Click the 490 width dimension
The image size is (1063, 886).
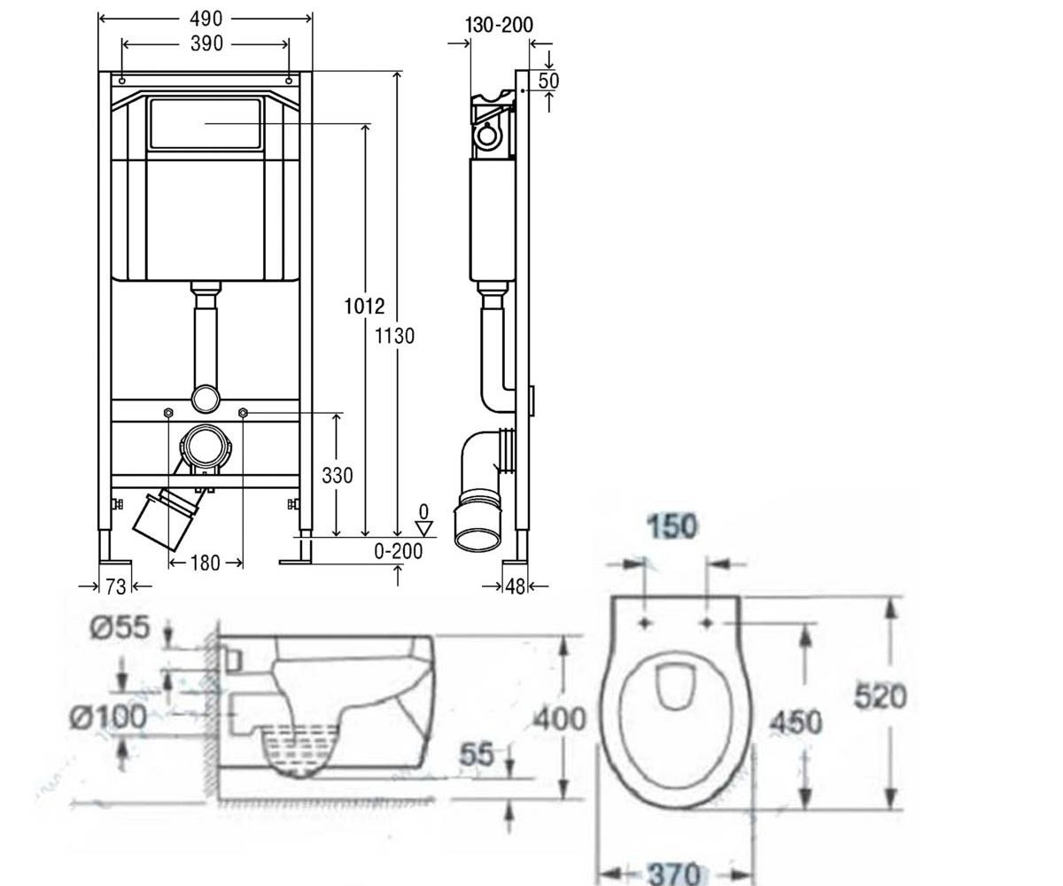click(206, 19)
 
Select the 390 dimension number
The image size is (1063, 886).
click(206, 43)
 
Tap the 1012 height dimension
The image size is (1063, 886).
click(364, 307)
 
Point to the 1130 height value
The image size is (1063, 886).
click(394, 336)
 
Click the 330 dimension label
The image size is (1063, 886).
click(337, 476)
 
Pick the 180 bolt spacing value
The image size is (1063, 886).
click(206, 563)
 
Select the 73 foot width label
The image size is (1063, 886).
click(115, 587)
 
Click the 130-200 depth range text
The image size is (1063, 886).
click(499, 25)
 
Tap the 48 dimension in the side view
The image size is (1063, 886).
click(516, 587)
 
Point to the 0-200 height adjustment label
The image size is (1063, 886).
click(398, 551)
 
